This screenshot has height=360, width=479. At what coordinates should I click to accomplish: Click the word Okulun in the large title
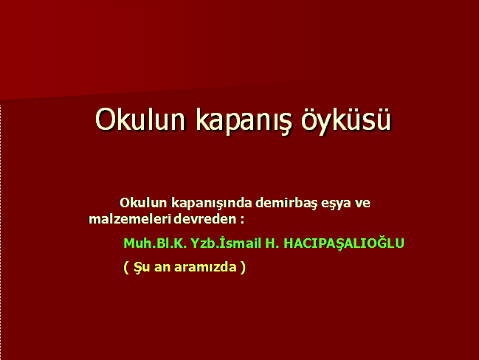tap(140, 119)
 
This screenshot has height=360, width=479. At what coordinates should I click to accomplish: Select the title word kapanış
tap(244, 120)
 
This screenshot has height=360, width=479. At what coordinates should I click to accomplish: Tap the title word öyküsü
tap(346, 120)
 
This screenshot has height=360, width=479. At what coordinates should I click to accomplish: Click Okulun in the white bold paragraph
tap(143, 203)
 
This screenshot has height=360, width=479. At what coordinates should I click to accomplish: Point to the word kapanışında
tap(211, 204)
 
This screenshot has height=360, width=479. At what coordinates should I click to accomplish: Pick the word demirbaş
tap(286, 204)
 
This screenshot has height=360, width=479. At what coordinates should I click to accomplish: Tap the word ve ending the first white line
tap(362, 204)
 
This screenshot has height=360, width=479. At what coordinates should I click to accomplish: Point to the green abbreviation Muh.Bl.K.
tap(155, 243)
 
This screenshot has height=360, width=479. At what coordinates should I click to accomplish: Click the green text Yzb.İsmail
tap(226, 243)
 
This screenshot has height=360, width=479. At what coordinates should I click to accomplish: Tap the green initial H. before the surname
tap(272, 243)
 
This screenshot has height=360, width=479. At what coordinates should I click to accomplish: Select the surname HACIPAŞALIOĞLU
tap(344, 243)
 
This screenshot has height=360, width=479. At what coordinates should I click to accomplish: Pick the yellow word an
tap(162, 268)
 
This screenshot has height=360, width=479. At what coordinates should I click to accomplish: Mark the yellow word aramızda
tap(205, 267)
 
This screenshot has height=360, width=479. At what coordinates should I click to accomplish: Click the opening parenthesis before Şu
tap(126, 268)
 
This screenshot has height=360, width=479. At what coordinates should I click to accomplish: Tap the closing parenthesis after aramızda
tap(243, 268)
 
